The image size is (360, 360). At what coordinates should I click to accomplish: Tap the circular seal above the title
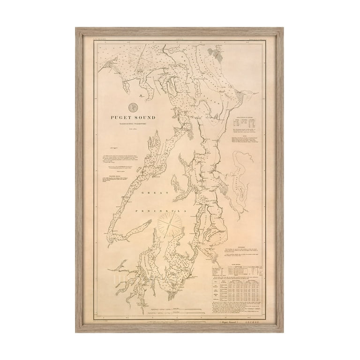pos(133,107)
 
